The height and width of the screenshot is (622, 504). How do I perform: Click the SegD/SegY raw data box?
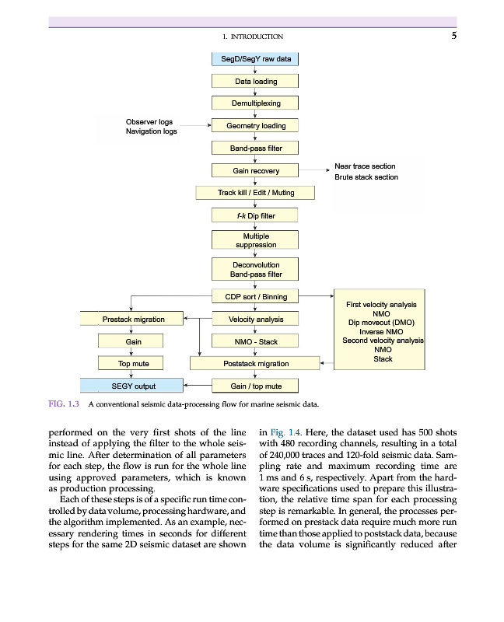(x=255, y=59)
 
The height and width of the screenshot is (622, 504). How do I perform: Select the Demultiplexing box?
(x=255, y=103)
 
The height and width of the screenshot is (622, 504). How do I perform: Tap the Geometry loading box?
(x=255, y=126)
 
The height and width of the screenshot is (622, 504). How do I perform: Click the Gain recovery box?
(x=255, y=170)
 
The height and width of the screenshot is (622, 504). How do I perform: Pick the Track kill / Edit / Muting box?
(x=255, y=192)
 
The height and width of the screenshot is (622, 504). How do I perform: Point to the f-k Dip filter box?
(x=255, y=215)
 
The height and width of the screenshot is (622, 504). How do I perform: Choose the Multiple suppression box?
(x=255, y=240)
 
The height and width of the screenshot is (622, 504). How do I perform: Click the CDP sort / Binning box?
(x=255, y=296)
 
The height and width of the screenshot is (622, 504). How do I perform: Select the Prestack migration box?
(x=132, y=319)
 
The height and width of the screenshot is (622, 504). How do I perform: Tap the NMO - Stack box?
(x=255, y=341)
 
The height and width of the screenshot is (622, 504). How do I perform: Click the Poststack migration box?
(x=255, y=363)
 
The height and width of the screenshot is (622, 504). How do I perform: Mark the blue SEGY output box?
(x=132, y=386)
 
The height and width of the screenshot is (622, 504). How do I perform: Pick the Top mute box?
(x=132, y=363)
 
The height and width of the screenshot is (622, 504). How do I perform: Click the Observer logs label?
(x=149, y=122)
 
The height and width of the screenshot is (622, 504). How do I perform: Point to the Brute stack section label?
(x=366, y=177)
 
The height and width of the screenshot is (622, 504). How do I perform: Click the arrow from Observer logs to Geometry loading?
(x=194, y=124)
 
